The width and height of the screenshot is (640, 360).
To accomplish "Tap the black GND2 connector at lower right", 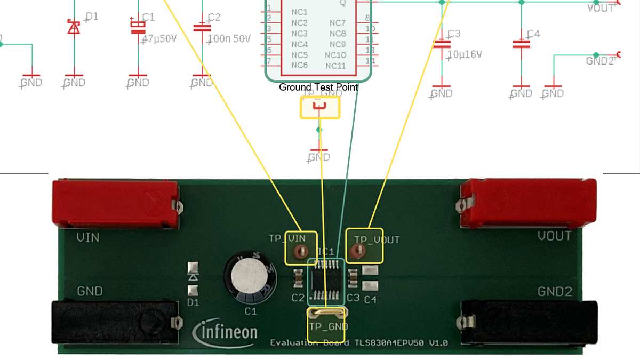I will pos(528,322).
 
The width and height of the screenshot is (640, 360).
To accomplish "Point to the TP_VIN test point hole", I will pos(300,250).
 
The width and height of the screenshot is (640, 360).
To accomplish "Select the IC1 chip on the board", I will pos(326,279).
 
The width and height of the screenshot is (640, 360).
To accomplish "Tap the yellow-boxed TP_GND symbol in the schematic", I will pos(320,109).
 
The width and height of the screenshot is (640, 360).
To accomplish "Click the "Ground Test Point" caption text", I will pos(318,87).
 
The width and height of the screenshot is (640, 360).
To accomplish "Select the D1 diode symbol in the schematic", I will pos(74,27).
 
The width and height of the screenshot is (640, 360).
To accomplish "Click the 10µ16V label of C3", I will pos(465,54).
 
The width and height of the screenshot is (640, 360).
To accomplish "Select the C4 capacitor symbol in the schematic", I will pos(521,44).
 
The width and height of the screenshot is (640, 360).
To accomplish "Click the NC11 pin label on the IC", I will pos(335,66).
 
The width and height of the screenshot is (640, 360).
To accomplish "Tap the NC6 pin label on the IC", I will pos(299,65).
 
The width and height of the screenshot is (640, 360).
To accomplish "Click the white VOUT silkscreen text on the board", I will pos(554,236).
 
